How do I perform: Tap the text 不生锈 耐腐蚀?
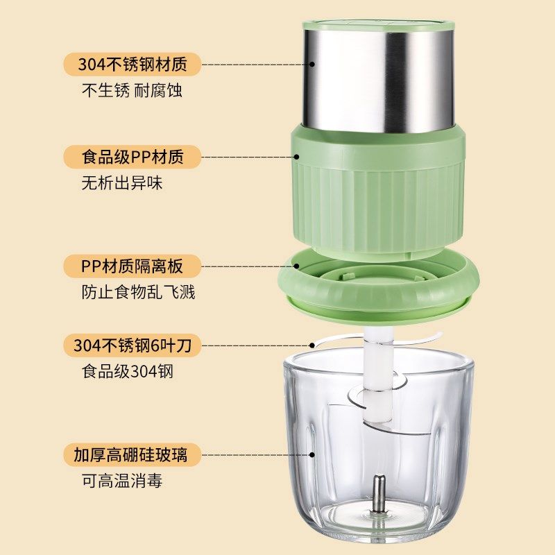click(133, 91)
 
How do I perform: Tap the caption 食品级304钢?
click(127, 372)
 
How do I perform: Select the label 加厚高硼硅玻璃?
click(130, 455)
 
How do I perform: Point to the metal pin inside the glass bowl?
click(378, 493)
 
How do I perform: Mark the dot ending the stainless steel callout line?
click(314, 64)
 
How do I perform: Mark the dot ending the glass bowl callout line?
click(314, 455)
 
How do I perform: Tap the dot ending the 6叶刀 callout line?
click(314, 345)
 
